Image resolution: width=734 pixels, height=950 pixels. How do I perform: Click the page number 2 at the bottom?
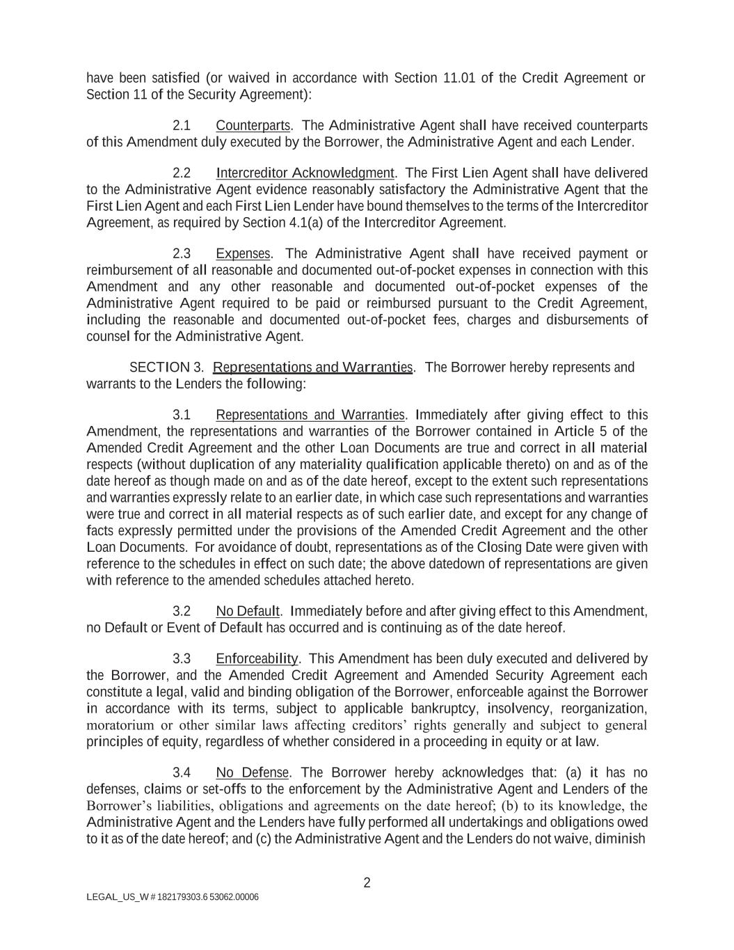[x=367, y=883]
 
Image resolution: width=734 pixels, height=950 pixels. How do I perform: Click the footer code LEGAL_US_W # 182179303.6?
[x=147, y=897]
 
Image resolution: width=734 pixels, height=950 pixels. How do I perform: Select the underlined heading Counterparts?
[x=253, y=126]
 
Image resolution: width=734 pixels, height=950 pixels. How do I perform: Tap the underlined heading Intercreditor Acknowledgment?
[x=305, y=173]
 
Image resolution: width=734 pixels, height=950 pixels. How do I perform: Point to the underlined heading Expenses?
[x=243, y=253]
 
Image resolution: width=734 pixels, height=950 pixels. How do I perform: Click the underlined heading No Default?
[x=248, y=612]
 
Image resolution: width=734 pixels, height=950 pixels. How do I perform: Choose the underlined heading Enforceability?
[x=257, y=659]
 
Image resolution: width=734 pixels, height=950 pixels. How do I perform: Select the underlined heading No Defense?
[x=253, y=773]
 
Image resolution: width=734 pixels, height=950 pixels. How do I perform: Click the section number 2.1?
[x=182, y=126]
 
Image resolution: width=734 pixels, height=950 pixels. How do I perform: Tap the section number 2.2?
[x=182, y=173]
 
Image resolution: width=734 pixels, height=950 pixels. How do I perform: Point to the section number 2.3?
[x=182, y=253]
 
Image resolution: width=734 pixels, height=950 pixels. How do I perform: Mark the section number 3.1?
[x=182, y=415]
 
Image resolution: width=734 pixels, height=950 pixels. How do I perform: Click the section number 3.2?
[x=182, y=612]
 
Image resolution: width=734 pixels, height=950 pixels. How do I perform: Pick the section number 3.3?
[x=182, y=659]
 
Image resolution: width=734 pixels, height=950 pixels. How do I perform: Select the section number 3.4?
[x=182, y=773]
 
